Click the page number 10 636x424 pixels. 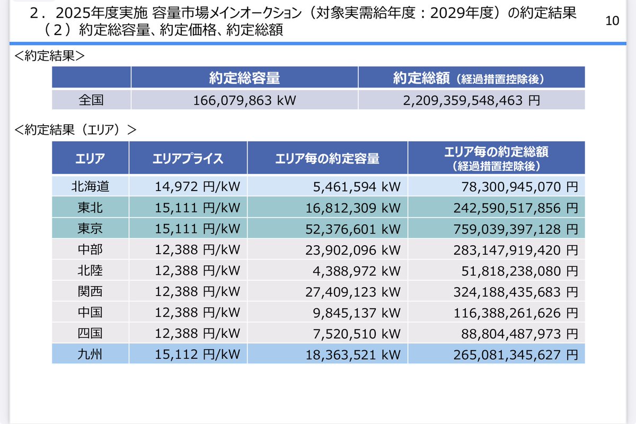tap(612, 21)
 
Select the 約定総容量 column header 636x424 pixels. tap(244, 79)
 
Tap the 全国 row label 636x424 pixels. tap(91, 100)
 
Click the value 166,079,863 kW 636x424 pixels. tap(244, 100)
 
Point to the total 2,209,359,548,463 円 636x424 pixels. tap(471, 100)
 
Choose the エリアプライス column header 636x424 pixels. tap(188, 158)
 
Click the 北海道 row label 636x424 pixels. tap(91, 186)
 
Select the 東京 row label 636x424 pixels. tap(91, 229)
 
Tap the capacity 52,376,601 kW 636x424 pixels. tap(353, 229)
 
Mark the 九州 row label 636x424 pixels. tap(91, 354)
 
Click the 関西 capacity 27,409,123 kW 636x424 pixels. tap(353, 291)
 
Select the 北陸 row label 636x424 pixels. tap(91, 271)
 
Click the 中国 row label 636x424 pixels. tap(91, 313)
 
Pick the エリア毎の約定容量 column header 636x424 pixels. tap(327, 158)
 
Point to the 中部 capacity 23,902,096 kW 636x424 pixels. tap(353, 249)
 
